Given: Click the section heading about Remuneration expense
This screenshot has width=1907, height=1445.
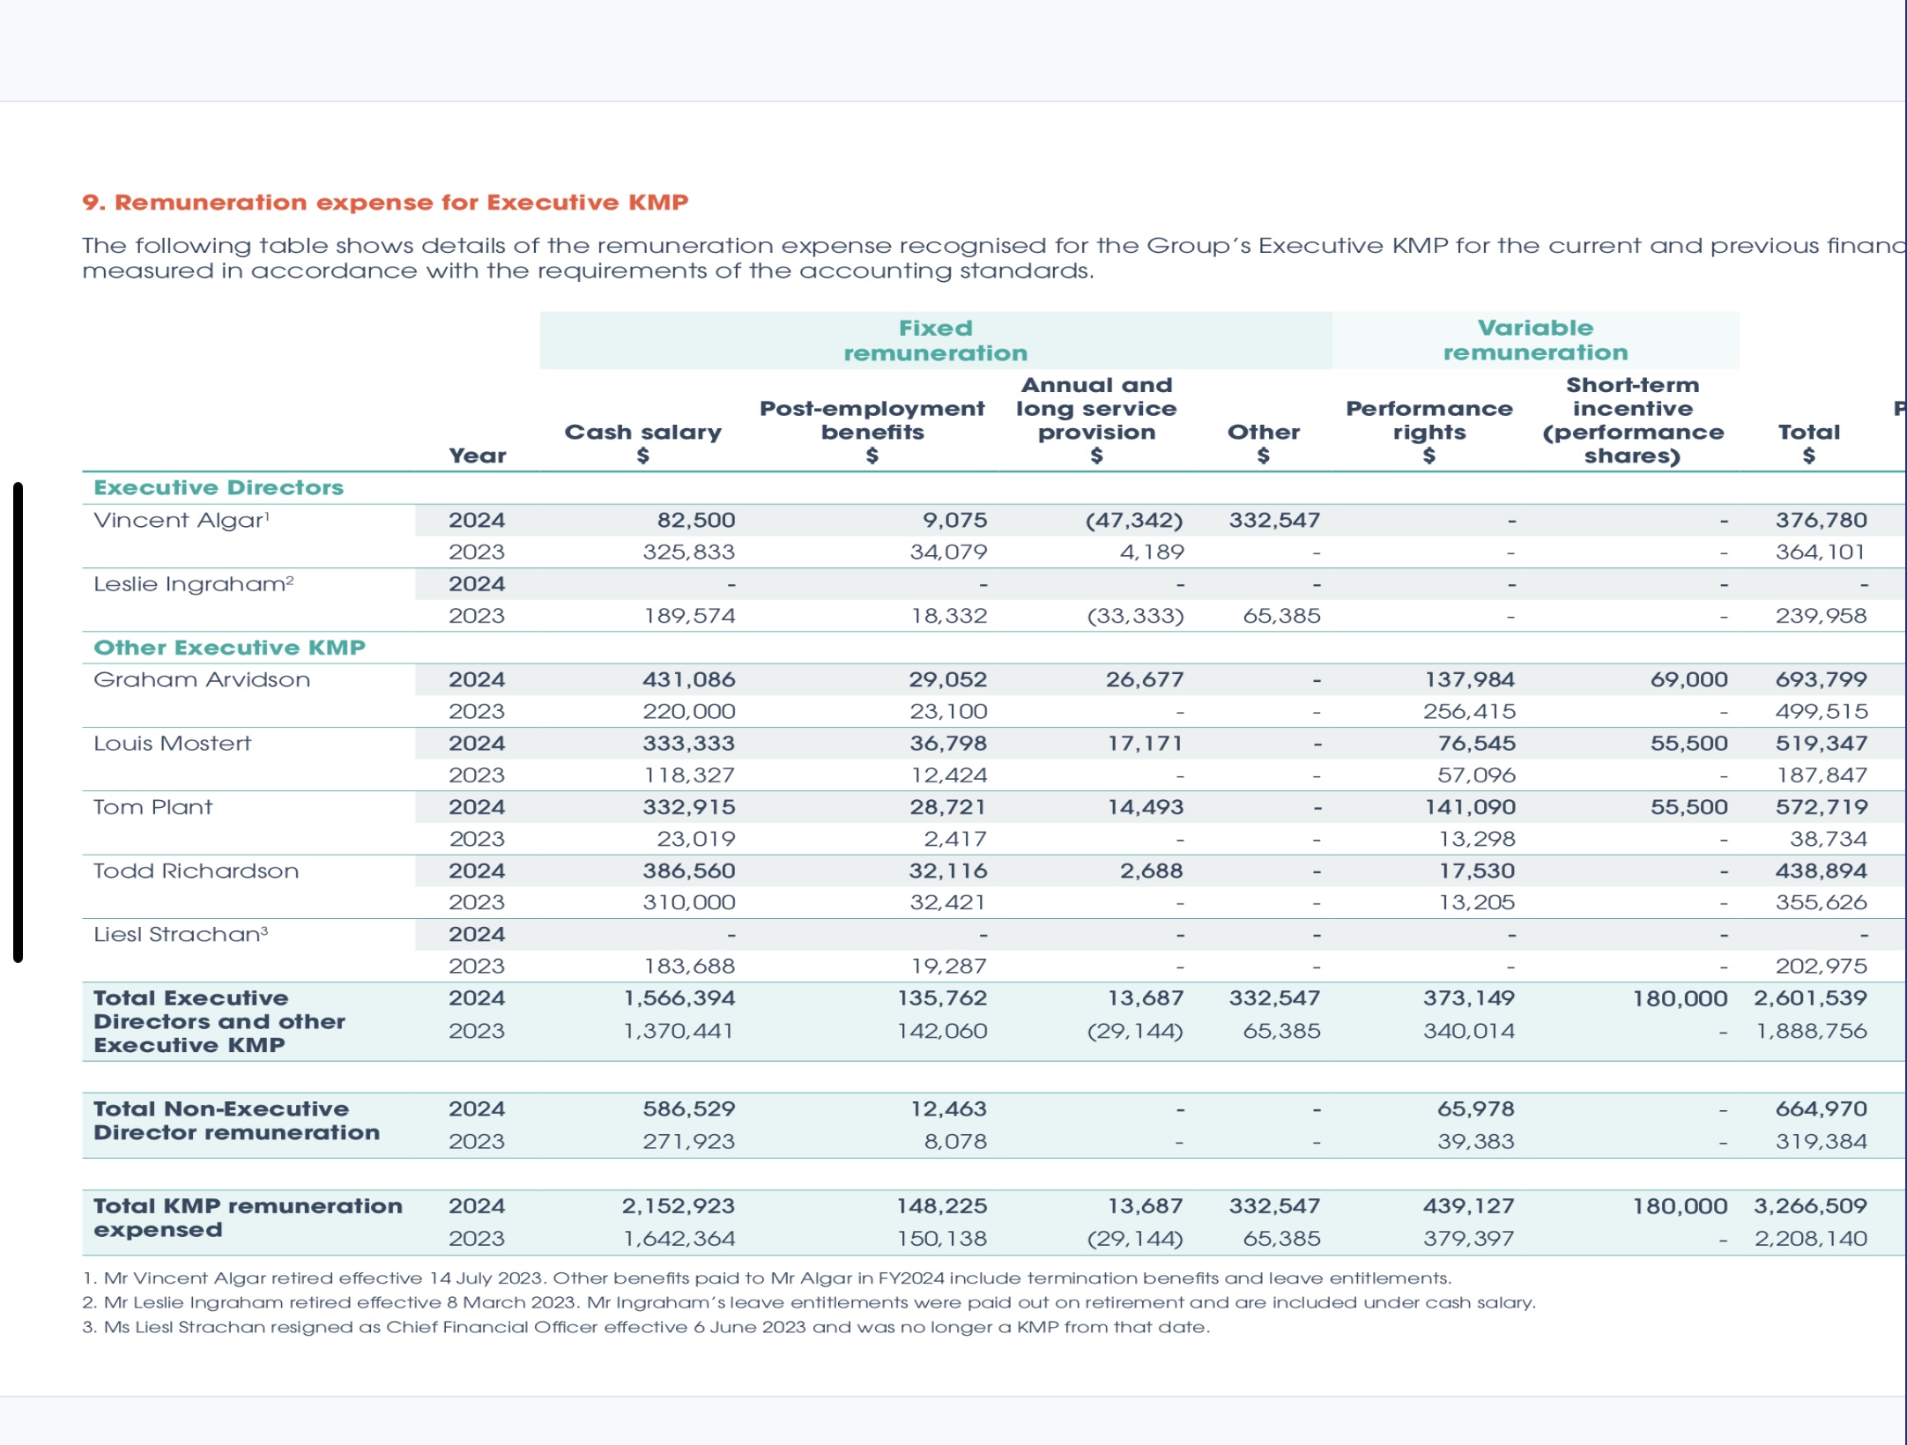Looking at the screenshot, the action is (x=385, y=203).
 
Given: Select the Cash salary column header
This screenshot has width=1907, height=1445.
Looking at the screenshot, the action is (x=643, y=443).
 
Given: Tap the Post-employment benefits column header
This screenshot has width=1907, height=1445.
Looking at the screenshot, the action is (x=872, y=432).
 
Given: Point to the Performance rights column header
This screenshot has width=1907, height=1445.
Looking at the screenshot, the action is (x=1429, y=432).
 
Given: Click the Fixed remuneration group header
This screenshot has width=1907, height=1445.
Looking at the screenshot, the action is (x=936, y=340).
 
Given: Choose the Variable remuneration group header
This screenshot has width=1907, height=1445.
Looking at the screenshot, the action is (x=1536, y=340).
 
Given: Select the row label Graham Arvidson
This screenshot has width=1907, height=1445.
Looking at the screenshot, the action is (x=202, y=679).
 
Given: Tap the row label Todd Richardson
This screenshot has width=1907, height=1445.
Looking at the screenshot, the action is (x=197, y=871).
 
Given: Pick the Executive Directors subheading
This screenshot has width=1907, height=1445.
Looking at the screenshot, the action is (x=219, y=487).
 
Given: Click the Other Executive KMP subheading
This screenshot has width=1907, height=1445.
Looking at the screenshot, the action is (x=229, y=648).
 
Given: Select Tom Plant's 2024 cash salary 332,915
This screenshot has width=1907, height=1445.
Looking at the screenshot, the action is (x=689, y=807).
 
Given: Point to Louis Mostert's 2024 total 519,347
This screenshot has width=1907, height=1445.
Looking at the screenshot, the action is (x=1822, y=744).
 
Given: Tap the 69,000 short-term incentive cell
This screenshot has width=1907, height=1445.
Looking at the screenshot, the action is (x=1689, y=679).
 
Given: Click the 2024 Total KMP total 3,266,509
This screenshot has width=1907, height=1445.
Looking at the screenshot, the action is (x=1811, y=1205).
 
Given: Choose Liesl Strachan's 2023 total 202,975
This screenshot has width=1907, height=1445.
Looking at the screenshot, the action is (x=1822, y=966).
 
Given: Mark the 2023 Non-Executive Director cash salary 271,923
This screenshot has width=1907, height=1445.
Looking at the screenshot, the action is (x=689, y=1141).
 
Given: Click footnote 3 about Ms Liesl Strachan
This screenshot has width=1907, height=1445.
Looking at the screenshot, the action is (x=646, y=1327).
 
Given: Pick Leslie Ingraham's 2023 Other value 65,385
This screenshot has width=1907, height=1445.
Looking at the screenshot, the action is (x=1282, y=616).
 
